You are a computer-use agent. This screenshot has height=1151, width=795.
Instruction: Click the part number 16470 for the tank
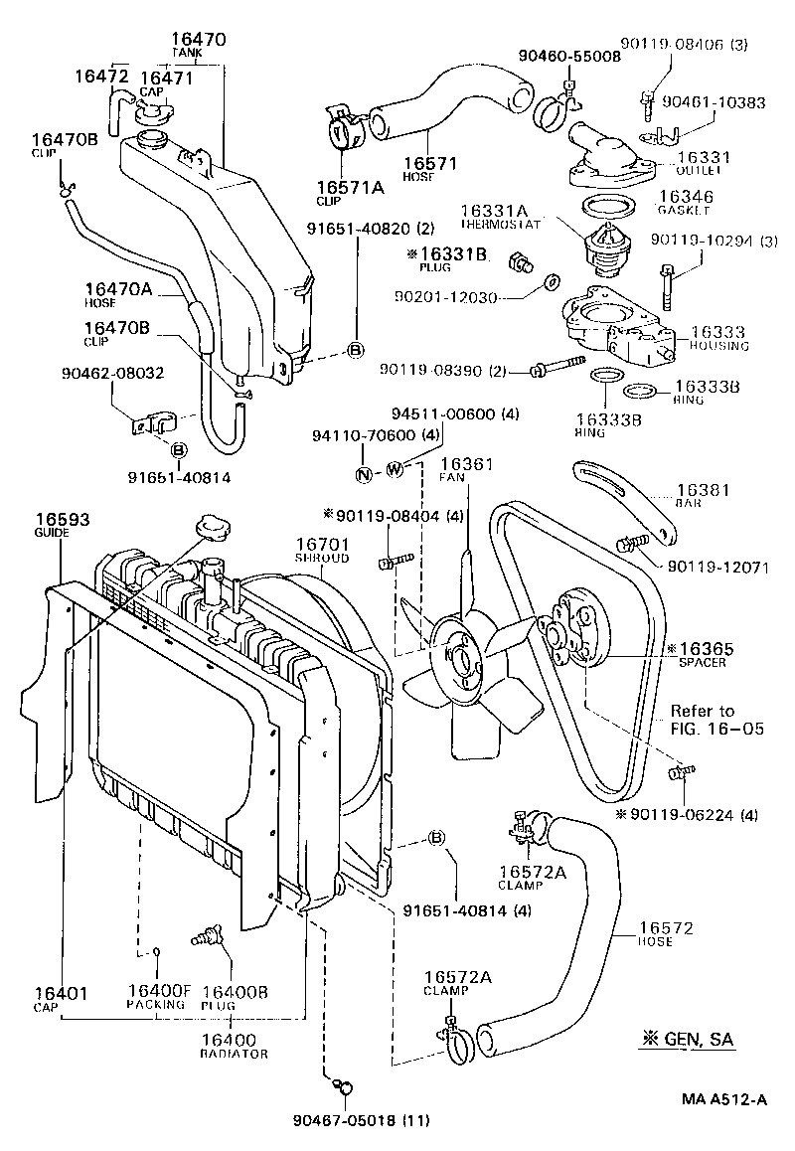click(x=199, y=41)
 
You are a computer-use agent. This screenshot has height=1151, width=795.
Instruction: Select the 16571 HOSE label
click(x=429, y=169)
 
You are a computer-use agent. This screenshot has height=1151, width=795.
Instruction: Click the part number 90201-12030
click(x=444, y=297)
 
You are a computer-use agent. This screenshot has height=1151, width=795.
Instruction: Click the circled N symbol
click(x=364, y=473)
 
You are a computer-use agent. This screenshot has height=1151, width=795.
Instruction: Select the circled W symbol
click(x=394, y=468)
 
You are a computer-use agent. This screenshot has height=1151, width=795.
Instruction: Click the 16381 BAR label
click(x=703, y=496)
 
